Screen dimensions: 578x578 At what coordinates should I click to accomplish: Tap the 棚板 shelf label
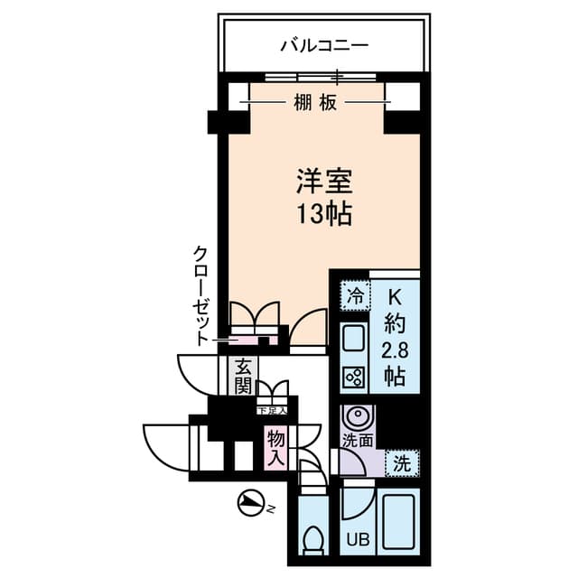(315, 103)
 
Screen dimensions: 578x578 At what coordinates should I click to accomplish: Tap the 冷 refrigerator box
(356, 294)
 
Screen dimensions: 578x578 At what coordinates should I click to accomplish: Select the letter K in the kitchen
(395, 295)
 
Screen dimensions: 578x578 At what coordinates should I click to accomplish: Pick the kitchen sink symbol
(354, 340)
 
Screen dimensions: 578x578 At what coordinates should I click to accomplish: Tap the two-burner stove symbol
(354, 376)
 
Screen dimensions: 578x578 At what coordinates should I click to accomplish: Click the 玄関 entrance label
(243, 377)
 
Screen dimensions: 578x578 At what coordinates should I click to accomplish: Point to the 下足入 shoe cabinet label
(272, 411)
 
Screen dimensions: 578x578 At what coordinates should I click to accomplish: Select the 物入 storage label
(275, 447)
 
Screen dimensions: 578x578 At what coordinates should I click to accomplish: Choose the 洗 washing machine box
(402, 463)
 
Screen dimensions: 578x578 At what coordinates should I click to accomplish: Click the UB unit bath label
(359, 540)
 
